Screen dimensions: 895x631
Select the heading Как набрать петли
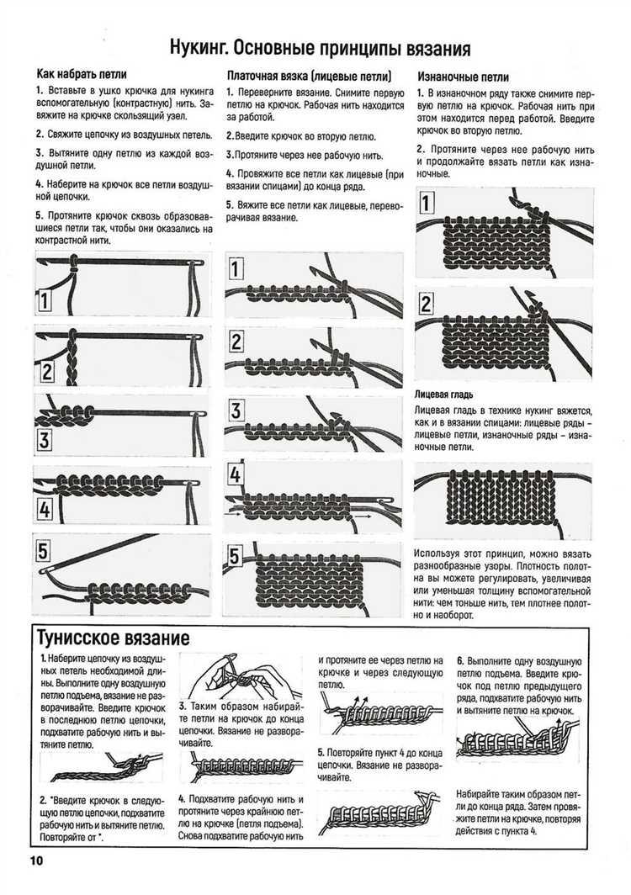(x=82, y=74)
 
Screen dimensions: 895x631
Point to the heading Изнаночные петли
(x=463, y=74)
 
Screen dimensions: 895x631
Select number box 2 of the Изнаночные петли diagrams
(x=427, y=304)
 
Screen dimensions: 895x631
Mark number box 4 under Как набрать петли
(x=44, y=509)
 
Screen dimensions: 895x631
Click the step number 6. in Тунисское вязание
(x=461, y=660)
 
